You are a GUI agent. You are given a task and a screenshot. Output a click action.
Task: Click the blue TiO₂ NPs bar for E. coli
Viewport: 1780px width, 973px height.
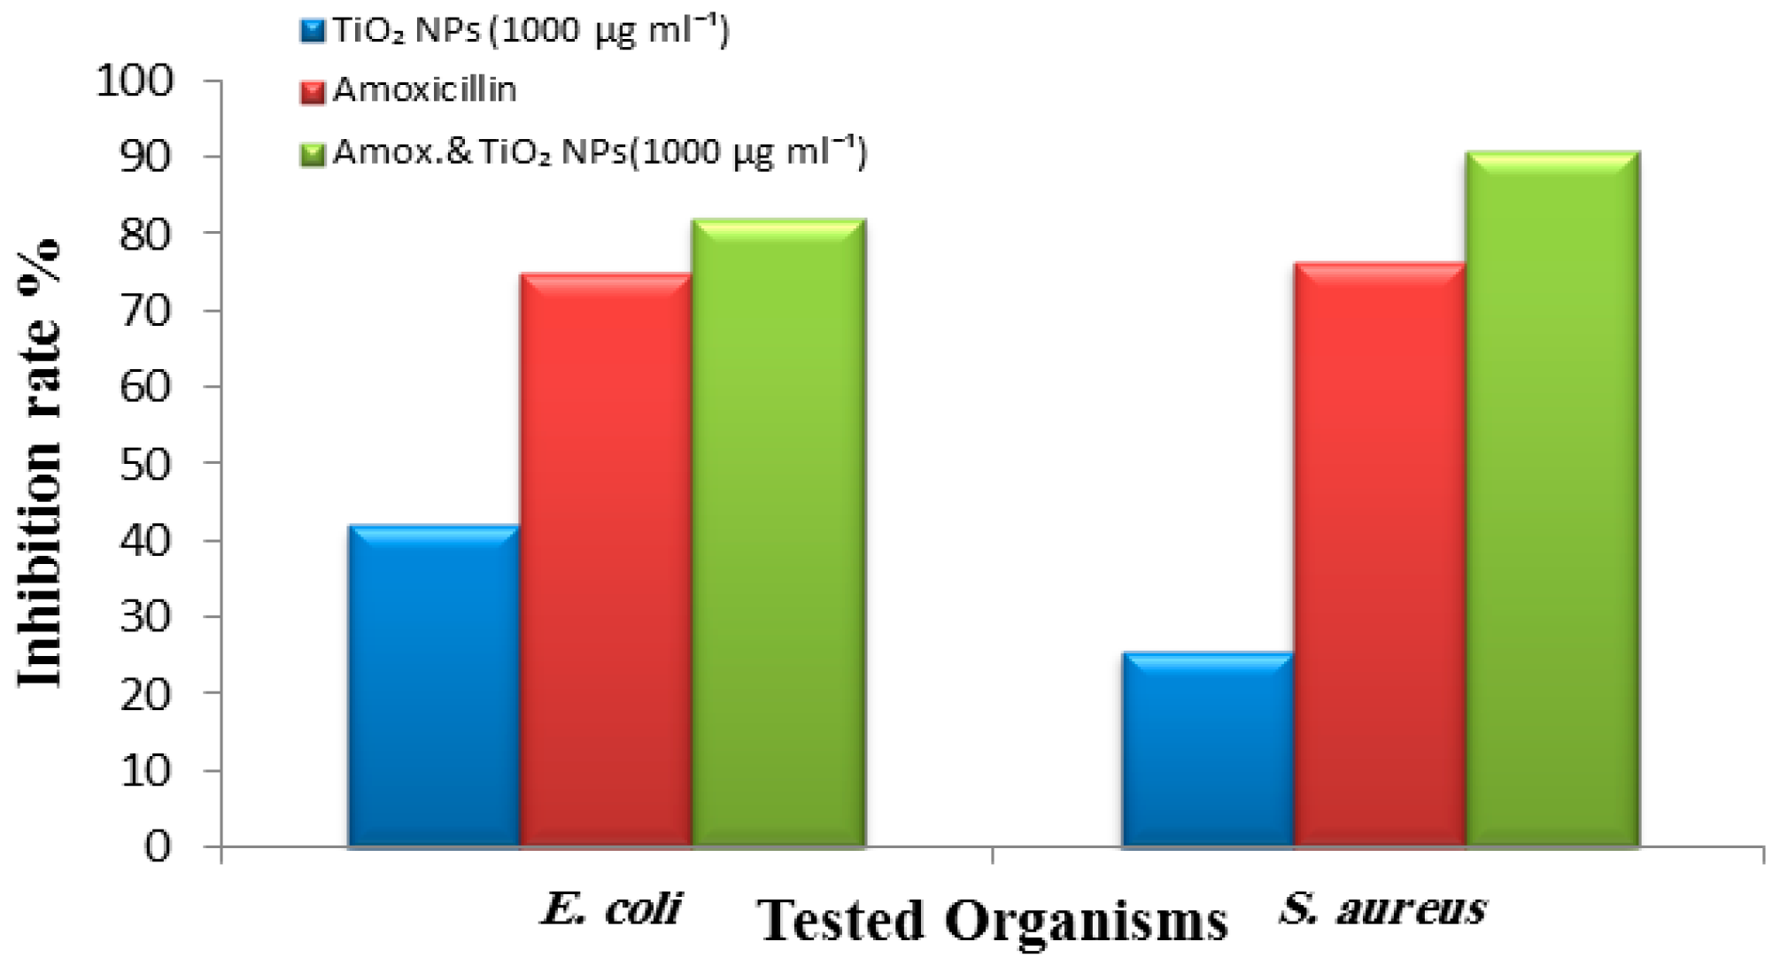(x=433, y=686)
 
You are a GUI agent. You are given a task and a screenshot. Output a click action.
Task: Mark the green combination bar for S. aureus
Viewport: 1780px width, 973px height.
(x=1553, y=499)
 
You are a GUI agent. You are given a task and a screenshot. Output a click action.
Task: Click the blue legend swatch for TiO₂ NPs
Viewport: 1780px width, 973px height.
(x=313, y=32)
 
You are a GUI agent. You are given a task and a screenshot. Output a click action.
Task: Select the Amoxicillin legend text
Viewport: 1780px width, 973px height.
(x=424, y=90)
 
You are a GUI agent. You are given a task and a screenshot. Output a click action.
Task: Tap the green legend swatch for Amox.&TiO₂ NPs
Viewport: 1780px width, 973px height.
(x=313, y=154)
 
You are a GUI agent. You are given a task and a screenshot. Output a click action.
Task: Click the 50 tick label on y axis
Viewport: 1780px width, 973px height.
(x=145, y=464)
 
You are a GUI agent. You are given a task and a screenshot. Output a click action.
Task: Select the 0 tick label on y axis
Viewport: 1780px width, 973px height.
(x=157, y=847)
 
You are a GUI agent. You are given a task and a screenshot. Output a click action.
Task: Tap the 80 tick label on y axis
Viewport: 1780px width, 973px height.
(x=145, y=234)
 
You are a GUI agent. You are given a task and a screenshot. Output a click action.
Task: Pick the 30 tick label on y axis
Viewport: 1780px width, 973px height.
(x=145, y=617)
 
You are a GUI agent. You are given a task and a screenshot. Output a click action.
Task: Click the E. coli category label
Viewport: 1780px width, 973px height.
(x=612, y=908)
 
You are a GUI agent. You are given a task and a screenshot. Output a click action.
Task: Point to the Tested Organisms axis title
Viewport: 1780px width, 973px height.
(x=993, y=921)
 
